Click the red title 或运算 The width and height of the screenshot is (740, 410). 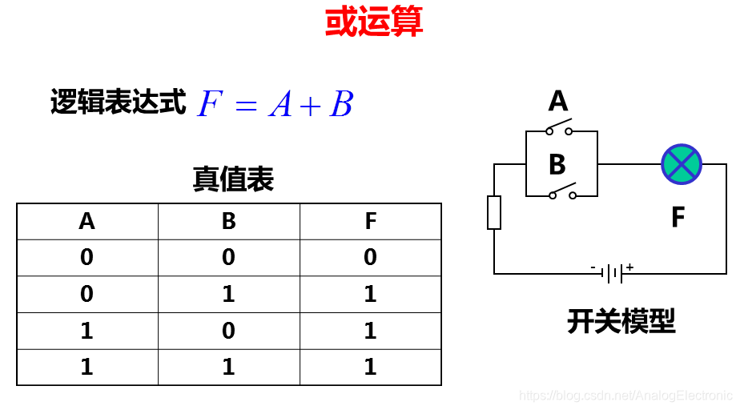coord(374,22)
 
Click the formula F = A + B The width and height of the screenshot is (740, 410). coord(275,105)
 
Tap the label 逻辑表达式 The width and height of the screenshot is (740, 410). coord(119,102)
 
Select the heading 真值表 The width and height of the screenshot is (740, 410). coord(233,179)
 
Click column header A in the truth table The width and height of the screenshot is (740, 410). coord(87,221)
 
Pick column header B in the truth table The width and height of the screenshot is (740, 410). coord(229,221)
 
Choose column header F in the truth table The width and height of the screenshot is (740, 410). coord(370,221)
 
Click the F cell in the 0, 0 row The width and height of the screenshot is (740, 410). coord(370,258)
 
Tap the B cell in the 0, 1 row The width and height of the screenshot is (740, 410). coord(229,295)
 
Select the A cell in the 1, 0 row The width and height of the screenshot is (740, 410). coord(87,331)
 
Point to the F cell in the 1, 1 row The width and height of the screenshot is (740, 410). coord(370,368)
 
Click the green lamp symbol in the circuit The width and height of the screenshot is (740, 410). coord(682,164)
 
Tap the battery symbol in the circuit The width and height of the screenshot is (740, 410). coord(613,274)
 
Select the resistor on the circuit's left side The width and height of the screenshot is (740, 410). coord(494,212)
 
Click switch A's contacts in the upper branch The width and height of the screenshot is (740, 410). coord(560,128)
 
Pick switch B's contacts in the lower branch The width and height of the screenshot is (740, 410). coord(562,192)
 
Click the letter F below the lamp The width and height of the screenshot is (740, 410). coord(678,217)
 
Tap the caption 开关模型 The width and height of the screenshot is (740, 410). coord(621,321)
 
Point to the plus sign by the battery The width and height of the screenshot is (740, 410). coord(630,267)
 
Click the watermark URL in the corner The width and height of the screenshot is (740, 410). coord(625,396)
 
